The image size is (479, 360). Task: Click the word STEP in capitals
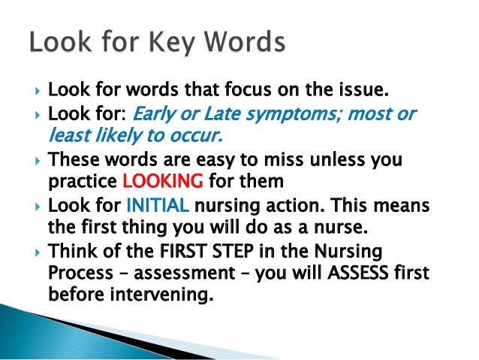239,250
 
